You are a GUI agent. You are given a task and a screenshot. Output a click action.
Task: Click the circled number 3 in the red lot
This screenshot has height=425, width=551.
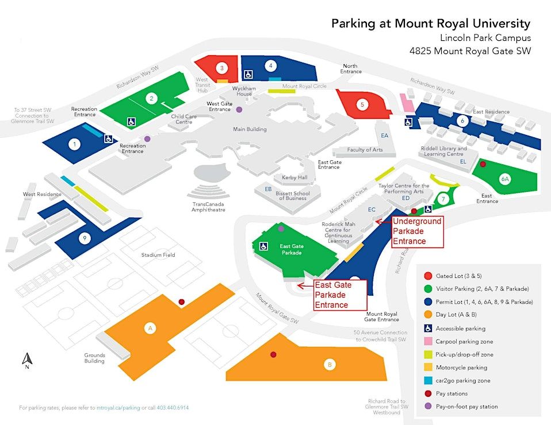(x=222, y=68)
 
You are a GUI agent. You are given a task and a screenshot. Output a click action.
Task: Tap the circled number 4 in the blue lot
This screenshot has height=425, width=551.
(x=271, y=65)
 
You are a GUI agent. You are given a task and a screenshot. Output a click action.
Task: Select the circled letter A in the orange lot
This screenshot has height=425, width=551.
(x=150, y=328)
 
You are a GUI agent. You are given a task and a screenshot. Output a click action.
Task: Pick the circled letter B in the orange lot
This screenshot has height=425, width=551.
(x=330, y=364)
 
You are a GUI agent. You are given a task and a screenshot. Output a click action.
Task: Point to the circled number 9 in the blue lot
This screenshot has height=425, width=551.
(x=84, y=238)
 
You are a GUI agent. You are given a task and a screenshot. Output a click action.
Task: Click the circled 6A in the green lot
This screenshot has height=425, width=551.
(x=504, y=179)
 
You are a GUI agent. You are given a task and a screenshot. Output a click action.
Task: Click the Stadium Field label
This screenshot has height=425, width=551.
(x=158, y=254)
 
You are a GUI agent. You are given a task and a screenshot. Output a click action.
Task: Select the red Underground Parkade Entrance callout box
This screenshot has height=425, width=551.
(x=417, y=231)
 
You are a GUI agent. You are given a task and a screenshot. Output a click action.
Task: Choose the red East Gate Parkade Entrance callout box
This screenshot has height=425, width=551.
(x=339, y=295)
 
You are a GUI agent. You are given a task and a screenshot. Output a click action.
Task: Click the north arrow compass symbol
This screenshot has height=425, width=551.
(x=26, y=361)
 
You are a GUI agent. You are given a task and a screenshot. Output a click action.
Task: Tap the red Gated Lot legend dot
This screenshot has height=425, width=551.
(x=427, y=276)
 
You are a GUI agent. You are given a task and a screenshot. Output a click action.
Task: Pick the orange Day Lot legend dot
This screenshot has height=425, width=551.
(x=427, y=315)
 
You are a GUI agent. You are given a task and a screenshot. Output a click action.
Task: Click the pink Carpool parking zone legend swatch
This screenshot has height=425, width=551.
(x=427, y=341)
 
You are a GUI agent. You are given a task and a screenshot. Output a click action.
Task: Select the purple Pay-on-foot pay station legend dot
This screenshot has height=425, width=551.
(x=427, y=407)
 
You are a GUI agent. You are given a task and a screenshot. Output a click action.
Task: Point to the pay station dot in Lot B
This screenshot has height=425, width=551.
(x=273, y=354)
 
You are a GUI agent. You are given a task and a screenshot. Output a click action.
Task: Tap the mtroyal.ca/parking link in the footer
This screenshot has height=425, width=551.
(x=118, y=408)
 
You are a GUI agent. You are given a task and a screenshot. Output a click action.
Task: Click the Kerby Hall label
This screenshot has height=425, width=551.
(x=294, y=177)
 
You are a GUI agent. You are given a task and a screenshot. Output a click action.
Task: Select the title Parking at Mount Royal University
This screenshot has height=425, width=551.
(x=430, y=24)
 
